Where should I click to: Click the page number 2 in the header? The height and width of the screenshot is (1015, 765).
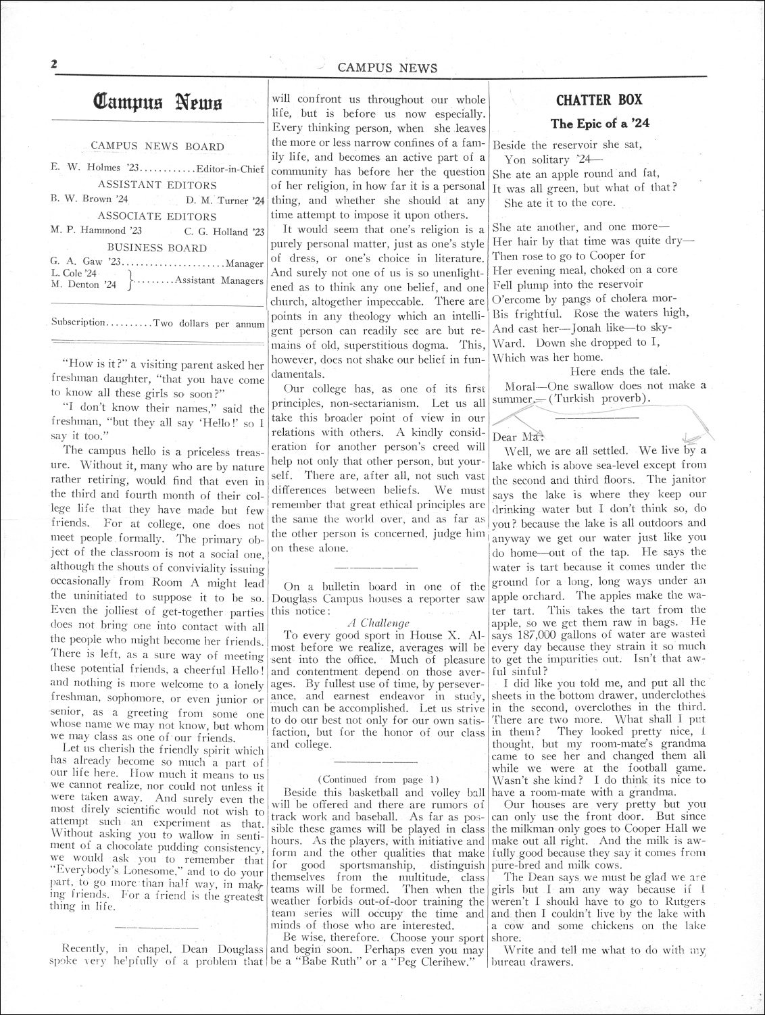[52, 65]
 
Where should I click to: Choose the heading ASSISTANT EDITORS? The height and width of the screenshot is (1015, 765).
[157, 184]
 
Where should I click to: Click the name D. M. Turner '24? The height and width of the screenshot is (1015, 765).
[224, 200]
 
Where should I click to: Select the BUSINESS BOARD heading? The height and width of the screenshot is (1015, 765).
[157, 247]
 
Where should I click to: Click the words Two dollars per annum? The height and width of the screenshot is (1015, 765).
[209, 324]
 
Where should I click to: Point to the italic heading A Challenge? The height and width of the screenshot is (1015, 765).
[378, 622]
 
